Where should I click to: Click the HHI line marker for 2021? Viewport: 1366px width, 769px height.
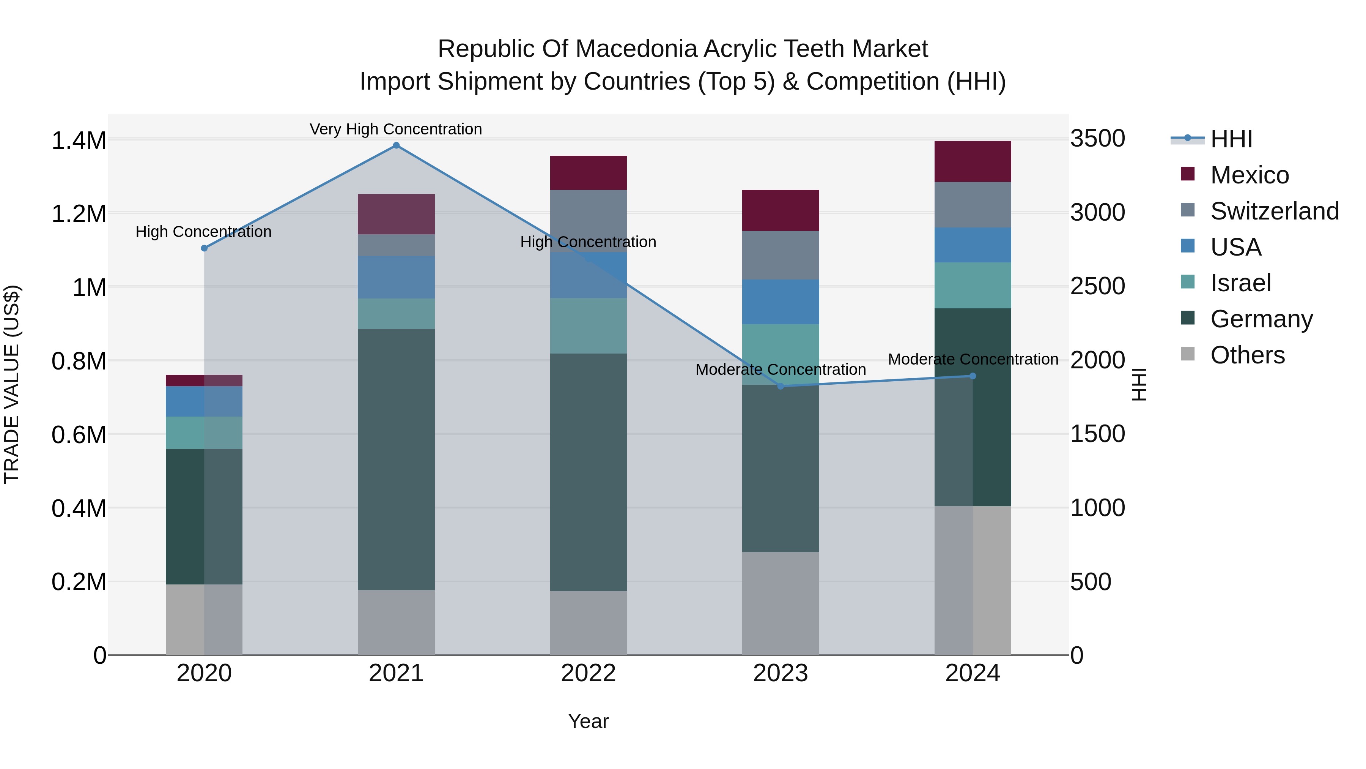[x=396, y=145]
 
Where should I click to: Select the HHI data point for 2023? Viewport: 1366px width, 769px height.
[x=781, y=386]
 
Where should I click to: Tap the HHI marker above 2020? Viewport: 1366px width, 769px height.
[x=204, y=248]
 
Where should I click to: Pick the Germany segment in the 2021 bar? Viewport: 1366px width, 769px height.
[x=396, y=459]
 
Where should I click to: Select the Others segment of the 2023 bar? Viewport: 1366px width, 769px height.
[x=781, y=603]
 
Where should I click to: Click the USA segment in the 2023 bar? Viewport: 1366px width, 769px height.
[x=781, y=302]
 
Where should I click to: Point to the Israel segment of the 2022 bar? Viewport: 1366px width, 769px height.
[x=588, y=326]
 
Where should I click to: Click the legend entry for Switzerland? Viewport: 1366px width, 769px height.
[x=1274, y=211]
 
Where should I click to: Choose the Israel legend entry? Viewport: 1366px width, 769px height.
[x=1240, y=283]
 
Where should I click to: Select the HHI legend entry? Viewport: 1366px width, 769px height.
[x=1231, y=139]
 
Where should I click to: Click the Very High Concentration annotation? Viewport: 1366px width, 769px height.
[x=396, y=129]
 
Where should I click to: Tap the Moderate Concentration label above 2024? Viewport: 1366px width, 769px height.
[x=973, y=359]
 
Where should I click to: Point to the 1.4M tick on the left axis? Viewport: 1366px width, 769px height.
[x=79, y=141]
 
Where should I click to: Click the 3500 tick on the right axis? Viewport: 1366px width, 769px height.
[x=1097, y=139]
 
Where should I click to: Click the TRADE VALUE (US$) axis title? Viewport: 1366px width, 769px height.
[x=12, y=384]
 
